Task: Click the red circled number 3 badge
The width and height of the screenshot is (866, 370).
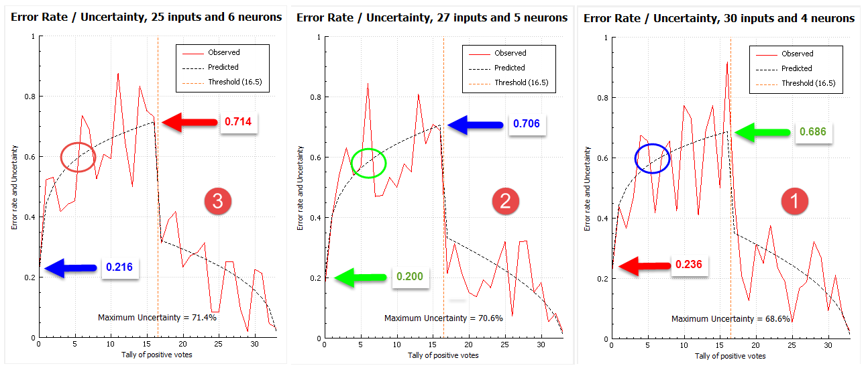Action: [x=217, y=201]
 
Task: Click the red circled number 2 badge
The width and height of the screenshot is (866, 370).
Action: [x=505, y=201]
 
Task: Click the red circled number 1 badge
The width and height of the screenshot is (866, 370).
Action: [x=794, y=201]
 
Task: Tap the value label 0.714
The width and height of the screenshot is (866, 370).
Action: [x=238, y=122]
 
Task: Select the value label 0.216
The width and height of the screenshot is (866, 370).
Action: [x=119, y=267]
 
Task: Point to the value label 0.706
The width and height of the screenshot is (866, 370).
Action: [x=526, y=123]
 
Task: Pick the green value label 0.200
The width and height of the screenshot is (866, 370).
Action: [x=410, y=276]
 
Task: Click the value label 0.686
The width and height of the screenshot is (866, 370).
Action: [x=812, y=131]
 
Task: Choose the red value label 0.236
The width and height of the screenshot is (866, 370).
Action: [x=688, y=264]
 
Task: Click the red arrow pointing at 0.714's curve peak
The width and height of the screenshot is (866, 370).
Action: [x=189, y=123]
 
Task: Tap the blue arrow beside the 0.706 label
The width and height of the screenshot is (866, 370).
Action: [x=476, y=125]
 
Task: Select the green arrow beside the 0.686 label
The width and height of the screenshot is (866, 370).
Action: [x=763, y=133]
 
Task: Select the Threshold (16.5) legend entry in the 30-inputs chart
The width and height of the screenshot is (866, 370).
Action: [x=796, y=83]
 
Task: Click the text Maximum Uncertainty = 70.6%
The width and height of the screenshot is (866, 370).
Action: [x=443, y=318]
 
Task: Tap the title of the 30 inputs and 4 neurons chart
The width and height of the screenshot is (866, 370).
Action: [x=718, y=18]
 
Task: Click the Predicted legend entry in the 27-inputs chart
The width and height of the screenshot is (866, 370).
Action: [x=497, y=68]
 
